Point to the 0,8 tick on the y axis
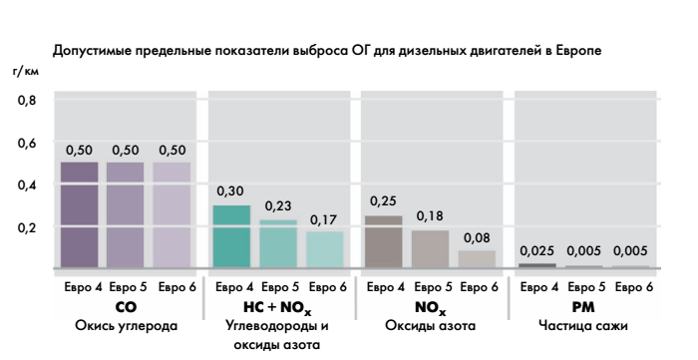[x=27, y=101]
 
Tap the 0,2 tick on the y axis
[x=27, y=227]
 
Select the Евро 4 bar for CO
[x=79, y=215]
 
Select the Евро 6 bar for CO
[x=171, y=215]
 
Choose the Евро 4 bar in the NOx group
[x=384, y=241]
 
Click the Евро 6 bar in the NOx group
[x=476, y=259]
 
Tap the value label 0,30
[x=231, y=189]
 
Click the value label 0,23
[x=277, y=205]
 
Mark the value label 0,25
[x=384, y=200]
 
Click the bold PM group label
[x=582, y=307]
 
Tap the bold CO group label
[x=125, y=307]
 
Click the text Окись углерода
[x=125, y=325]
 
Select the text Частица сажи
[x=582, y=325]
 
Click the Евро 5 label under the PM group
[x=582, y=288]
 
